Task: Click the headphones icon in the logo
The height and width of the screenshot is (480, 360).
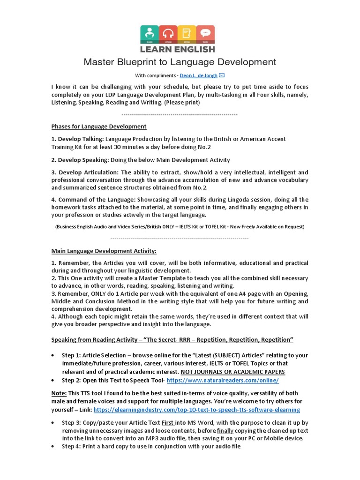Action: pos(168,34)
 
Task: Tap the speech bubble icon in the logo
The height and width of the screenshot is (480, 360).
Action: pos(205,34)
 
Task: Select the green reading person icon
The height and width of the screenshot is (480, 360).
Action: pos(150,34)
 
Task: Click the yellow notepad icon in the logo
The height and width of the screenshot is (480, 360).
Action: pos(187,34)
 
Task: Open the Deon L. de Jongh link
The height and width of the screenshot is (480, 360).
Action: pos(198,75)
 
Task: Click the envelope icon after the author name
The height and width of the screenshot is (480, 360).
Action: pos(222,75)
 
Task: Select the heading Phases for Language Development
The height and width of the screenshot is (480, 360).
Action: pos(98,127)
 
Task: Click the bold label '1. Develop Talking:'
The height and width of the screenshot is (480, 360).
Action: pos(77,139)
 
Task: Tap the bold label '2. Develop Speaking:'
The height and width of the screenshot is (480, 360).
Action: pos(80,160)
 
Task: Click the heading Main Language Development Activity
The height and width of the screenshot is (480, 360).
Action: pos(104,251)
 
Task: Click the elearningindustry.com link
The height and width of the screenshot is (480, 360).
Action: pos(197,410)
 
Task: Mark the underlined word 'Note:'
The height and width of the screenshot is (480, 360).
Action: pos(59,393)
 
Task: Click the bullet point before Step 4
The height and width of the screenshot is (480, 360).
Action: pos(55,447)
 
